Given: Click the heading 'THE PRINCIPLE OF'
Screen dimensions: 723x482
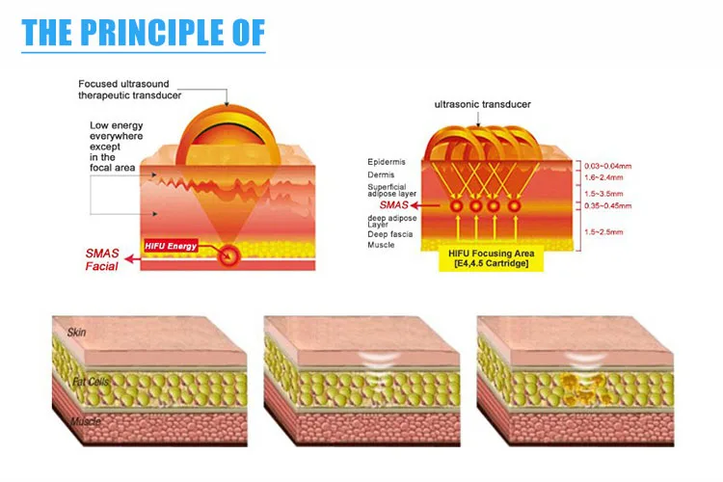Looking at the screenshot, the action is pyautogui.click(x=143, y=35).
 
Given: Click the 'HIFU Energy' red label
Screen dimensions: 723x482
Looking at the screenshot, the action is pyautogui.click(x=171, y=246).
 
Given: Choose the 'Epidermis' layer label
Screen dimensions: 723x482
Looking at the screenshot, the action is pyautogui.click(x=385, y=162).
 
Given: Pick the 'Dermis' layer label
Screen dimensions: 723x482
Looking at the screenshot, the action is pyautogui.click(x=380, y=174).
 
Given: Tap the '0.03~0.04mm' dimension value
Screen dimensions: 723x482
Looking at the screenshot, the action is pyautogui.click(x=608, y=167).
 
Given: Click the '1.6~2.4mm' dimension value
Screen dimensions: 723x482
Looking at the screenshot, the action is pyautogui.click(x=606, y=178).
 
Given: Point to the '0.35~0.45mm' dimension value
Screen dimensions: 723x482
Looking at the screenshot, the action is pyautogui.click(x=608, y=205).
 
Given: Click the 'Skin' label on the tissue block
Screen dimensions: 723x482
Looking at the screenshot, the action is pyautogui.click(x=76, y=333).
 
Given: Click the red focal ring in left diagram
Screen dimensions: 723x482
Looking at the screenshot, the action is pyautogui.click(x=228, y=255).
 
